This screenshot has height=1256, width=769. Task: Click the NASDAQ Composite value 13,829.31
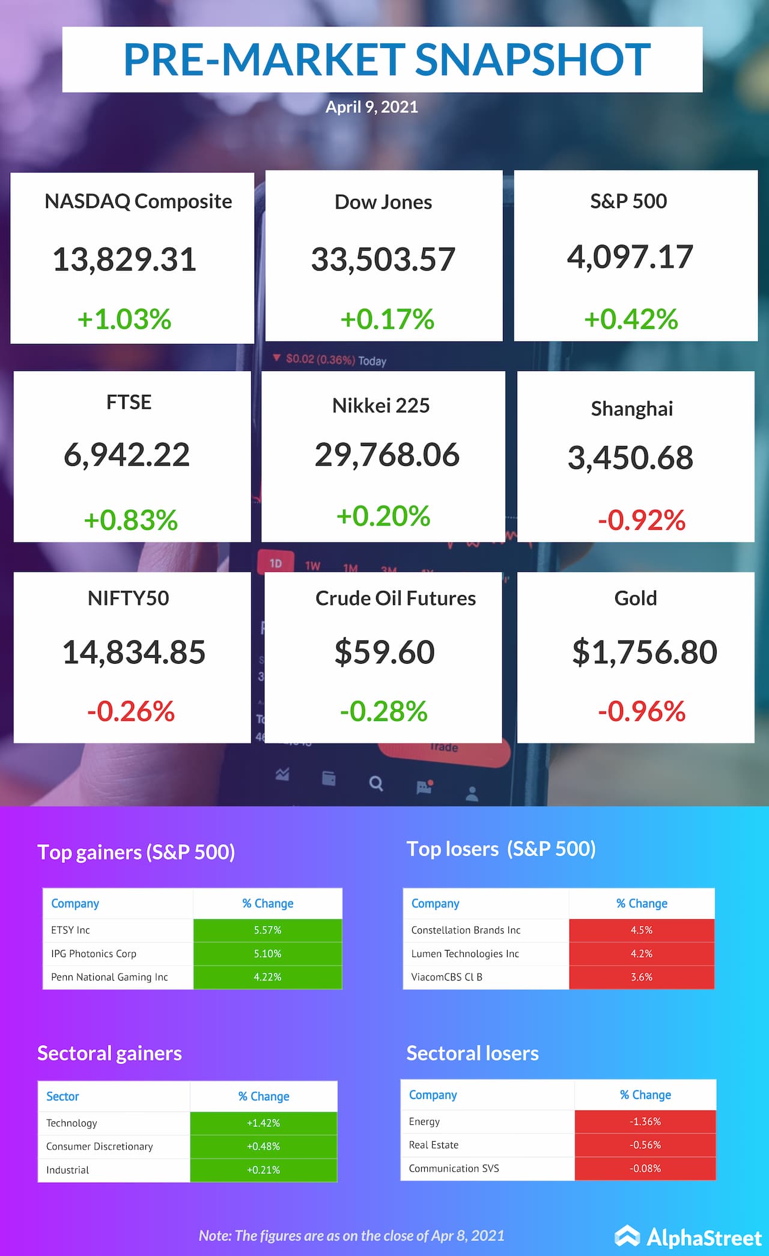pos(124,260)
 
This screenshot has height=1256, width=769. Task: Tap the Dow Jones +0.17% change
pos(387,319)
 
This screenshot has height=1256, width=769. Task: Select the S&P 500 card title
pos(628,201)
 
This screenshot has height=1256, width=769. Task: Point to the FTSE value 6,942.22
pos(127,455)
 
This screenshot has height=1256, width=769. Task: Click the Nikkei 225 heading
pos(381,406)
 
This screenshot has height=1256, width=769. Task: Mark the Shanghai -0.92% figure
pos(641,520)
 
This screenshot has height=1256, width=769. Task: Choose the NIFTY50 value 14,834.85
pos(133,652)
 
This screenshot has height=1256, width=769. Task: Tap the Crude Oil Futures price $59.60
pos(384,652)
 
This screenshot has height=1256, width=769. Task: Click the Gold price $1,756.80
pos(644,652)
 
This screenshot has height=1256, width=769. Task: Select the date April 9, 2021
pos(371,107)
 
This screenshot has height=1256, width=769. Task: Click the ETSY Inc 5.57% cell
pos(267,930)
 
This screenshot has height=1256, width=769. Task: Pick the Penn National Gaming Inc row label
pos(109,977)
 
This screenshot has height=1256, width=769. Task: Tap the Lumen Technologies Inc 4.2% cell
pos(641,954)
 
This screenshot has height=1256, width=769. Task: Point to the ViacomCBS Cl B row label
pos(446,977)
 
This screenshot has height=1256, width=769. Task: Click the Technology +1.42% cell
pos(263,1123)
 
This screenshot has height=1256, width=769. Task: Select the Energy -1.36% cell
pos(645,1121)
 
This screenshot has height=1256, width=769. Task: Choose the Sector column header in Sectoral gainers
pos(62,1096)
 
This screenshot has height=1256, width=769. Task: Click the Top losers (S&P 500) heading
pos(500,849)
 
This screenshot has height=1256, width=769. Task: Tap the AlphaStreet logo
pos(688,1237)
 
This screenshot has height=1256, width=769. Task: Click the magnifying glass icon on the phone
pos(376,783)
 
